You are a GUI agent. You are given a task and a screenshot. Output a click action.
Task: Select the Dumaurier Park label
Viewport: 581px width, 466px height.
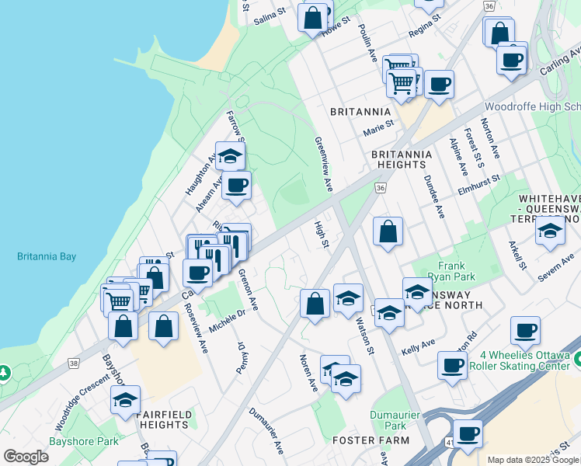[388, 420]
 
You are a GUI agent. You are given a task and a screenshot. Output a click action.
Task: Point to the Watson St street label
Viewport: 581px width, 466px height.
[365, 331]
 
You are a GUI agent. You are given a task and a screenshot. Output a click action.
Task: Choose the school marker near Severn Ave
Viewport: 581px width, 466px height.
[550, 231]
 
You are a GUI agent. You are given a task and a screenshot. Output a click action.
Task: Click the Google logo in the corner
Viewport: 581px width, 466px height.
[26, 457]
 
